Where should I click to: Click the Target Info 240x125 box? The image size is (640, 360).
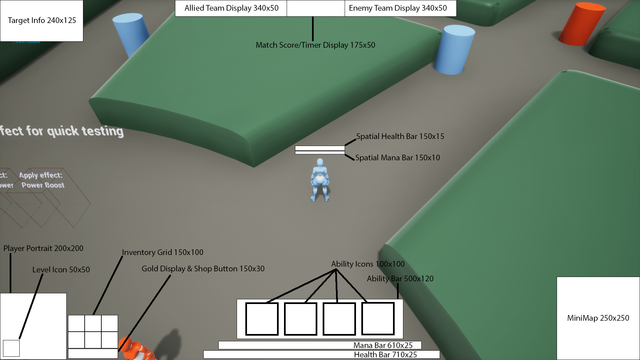pyautogui.click(x=42, y=21)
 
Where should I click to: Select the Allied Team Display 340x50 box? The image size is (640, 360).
pyautogui.click(x=231, y=8)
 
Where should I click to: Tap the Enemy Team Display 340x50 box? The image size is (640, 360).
pyautogui.click(x=400, y=8)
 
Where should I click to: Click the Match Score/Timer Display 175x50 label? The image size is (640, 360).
pyautogui.click(x=315, y=45)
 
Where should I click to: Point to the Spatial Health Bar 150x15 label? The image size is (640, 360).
pyautogui.click(x=400, y=136)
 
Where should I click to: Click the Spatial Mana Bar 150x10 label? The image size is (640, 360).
pyautogui.click(x=397, y=158)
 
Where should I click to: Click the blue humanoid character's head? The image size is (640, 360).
pyautogui.click(x=320, y=162)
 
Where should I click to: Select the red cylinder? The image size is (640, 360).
pyautogui.click(x=582, y=24)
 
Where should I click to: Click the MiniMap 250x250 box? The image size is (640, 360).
pyautogui.click(x=598, y=318)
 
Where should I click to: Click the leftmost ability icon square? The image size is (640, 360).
pyautogui.click(x=262, y=319)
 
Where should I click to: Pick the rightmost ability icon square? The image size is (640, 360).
pyautogui.click(x=378, y=319)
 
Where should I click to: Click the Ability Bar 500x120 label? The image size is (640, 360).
pyautogui.click(x=400, y=279)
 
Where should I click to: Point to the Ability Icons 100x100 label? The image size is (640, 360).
pyautogui.click(x=368, y=264)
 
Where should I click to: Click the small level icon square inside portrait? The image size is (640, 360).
pyautogui.click(x=11, y=348)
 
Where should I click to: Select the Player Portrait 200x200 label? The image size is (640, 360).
pyautogui.click(x=43, y=248)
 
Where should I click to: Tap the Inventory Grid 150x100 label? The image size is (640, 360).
pyautogui.click(x=162, y=252)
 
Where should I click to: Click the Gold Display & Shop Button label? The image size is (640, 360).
pyautogui.click(x=203, y=269)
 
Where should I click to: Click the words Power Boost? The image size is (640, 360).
pyautogui.click(x=43, y=185)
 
